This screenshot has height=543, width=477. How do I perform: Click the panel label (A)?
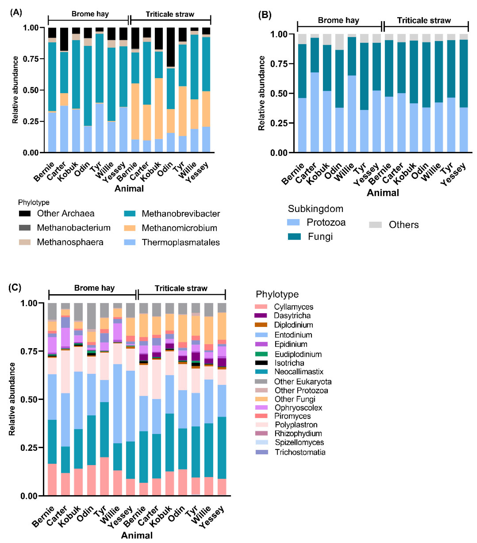click(16, 12)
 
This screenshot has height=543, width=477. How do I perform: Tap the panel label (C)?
click(15, 287)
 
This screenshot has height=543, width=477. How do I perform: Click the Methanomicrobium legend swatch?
click(130, 228)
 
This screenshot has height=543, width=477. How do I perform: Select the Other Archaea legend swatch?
click(25, 213)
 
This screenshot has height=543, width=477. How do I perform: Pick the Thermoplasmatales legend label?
click(181, 242)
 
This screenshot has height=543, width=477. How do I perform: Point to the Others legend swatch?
click(375, 225)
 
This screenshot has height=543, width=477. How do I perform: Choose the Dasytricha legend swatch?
click(261, 315)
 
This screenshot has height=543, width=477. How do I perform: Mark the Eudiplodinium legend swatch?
click(261, 354)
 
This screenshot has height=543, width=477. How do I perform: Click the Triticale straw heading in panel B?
click(424, 20)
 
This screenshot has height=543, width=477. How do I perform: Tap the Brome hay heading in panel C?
click(94, 288)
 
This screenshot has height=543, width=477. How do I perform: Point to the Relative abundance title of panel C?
click(12, 399)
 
